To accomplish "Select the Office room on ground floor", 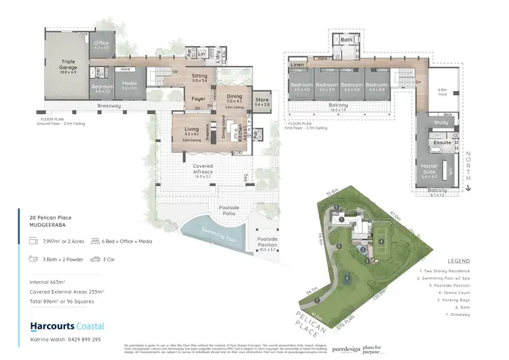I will (101, 46).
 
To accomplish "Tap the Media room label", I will (128, 86).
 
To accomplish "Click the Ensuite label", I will (442, 143).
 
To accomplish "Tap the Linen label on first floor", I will (297, 65).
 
